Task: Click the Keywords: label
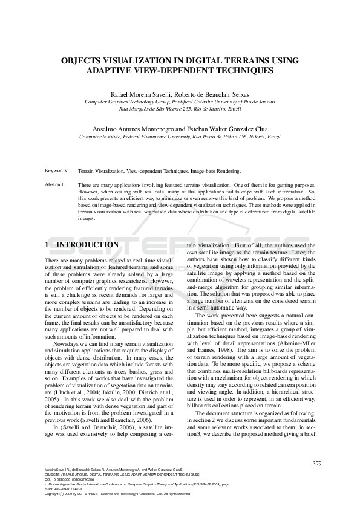(x=56, y=171)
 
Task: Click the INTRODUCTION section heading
(x=87, y=245)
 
